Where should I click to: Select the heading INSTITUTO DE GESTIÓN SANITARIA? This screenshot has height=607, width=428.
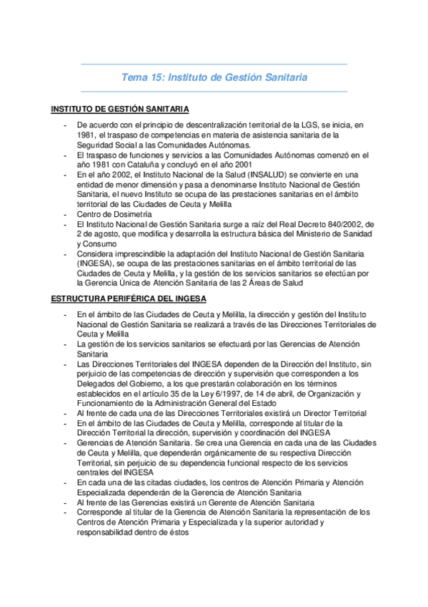[120, 109]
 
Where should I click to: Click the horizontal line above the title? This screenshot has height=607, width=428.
[214, 64]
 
